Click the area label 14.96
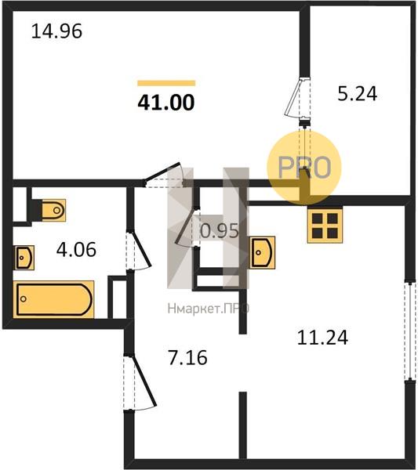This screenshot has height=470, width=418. coord(56,31)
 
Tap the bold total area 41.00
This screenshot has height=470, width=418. coord(166,103)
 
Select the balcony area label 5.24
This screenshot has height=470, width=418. coord(357,93)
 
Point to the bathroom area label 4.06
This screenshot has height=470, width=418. coord(76,249)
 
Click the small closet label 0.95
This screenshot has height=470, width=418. coord(220,231)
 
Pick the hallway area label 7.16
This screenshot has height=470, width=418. coord(188,357)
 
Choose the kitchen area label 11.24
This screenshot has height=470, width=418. coord(322,337)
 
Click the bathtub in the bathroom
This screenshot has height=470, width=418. coord(53,299)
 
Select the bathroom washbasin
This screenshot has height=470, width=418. coord(24,258)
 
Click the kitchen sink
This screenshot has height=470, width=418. coord(262,252)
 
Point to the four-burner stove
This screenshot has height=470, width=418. coord(325,226)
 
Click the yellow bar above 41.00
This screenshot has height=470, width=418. coord(166,83)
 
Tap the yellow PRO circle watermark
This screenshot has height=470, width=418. coord(304,168)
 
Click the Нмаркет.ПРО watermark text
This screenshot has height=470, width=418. coord(209,309)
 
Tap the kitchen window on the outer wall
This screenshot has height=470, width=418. coord(409,331)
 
